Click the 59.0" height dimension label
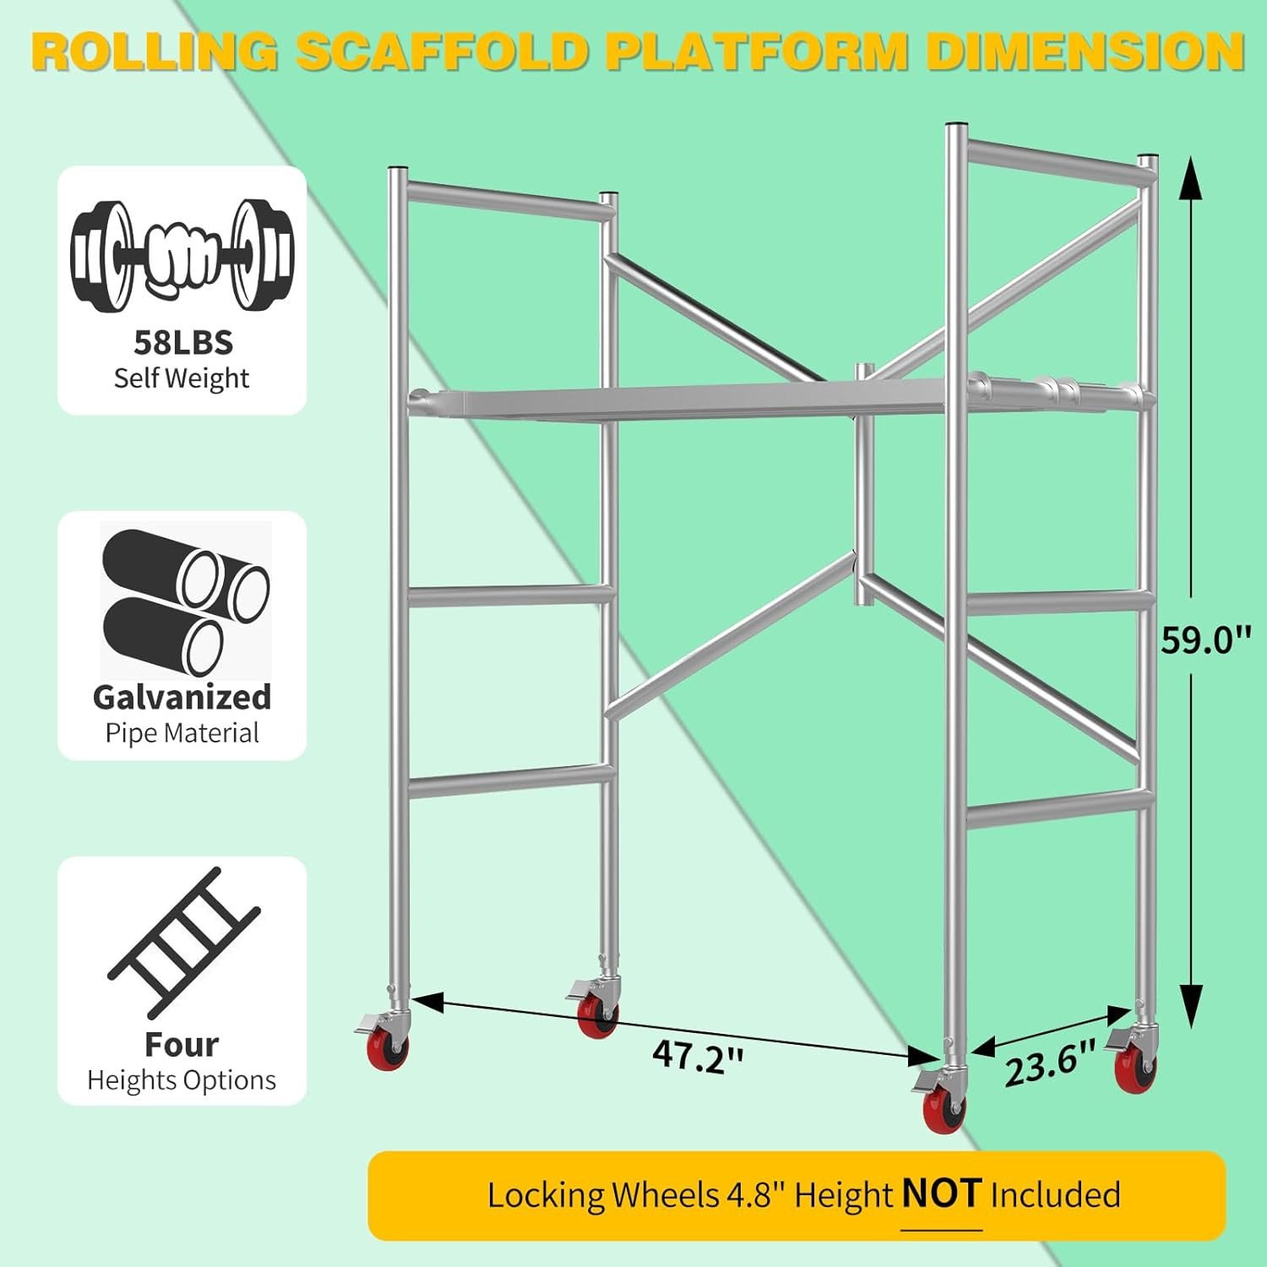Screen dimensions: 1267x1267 click(1204, 639)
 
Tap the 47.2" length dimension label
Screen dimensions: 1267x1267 click(698, 1056)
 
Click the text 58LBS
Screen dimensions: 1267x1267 click(182, 343)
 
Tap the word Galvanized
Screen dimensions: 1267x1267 click(182, 698)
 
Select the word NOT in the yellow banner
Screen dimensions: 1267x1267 click(941, 1194)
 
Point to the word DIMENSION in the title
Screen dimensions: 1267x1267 click(1085, 52)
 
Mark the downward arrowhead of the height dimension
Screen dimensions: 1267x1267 click(1191, 1005)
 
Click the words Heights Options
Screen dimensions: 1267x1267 click(182, 1080)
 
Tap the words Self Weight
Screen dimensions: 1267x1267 click(182, 378)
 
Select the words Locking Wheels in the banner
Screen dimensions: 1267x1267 click(602, 1195)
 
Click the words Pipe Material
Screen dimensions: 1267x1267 click(182, 733)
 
